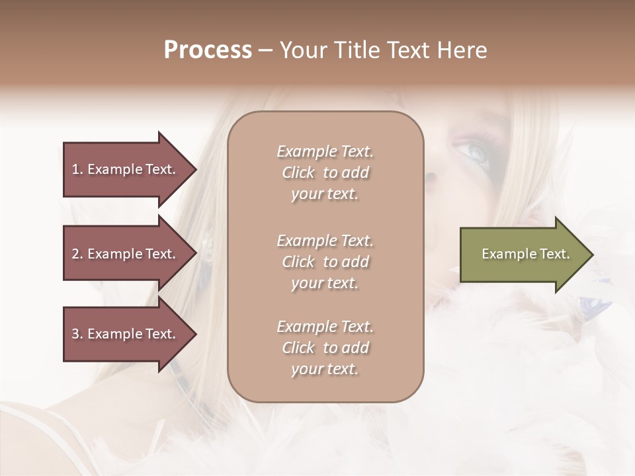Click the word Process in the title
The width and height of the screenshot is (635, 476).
208,50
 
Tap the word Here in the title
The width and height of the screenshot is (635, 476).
461,50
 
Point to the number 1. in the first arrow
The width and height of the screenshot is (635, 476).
77,169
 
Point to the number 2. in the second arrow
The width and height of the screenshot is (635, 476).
77,254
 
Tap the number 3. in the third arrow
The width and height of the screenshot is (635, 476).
77,334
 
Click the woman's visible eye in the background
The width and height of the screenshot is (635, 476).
475,153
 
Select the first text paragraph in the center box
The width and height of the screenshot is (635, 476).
325,173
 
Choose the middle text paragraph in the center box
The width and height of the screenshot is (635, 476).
325,262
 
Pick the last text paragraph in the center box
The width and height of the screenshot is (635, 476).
325,348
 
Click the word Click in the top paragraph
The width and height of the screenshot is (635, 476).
298,173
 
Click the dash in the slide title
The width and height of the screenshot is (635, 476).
265,50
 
